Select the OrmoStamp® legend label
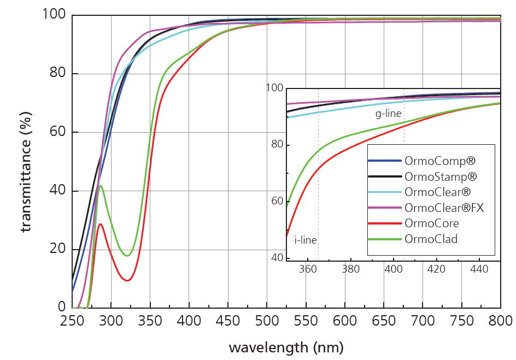[441, 177]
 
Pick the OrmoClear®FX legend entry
[444, 208]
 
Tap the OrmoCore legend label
[432, 223]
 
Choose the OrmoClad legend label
[431, 239]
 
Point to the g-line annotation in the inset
[388, 114]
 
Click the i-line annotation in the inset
[306, 239]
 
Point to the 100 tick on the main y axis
[54, 15]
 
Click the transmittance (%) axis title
[26, 161]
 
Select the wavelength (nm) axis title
[286, 347]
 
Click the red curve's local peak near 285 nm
[100, 223]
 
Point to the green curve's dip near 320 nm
[127, 256]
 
